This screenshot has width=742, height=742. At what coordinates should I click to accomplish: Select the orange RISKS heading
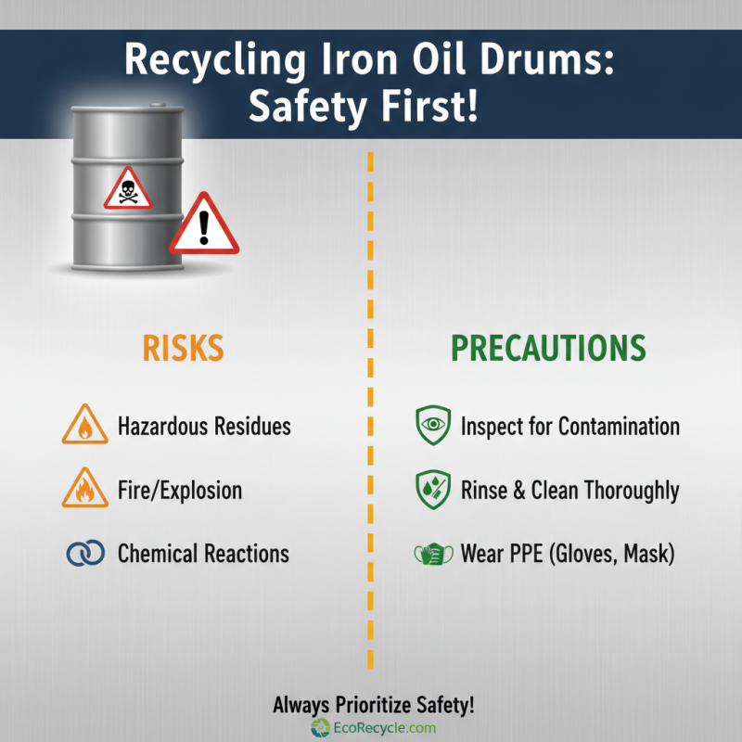183,348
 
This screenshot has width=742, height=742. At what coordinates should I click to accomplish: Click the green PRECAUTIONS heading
547,348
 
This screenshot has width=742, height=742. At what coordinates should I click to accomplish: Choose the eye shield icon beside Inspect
432,427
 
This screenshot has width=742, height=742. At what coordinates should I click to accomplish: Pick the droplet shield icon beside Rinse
432,490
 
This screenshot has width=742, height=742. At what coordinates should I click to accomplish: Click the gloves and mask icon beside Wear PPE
431,555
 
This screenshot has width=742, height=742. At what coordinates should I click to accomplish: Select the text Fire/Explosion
179,490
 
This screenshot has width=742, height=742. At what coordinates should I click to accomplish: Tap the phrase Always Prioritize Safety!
373,705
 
